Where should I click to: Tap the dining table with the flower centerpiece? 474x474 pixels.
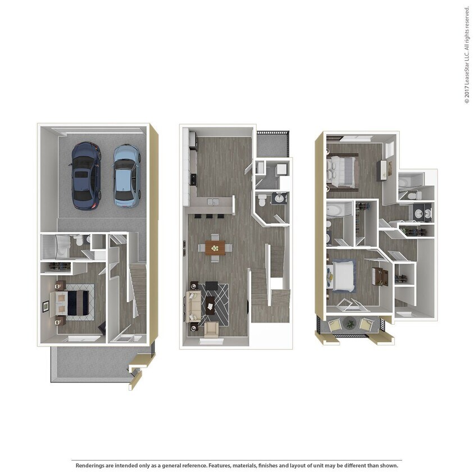click(x=215, y=247)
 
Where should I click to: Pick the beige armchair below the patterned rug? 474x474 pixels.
click(x=212, y=329)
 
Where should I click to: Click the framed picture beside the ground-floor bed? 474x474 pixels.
click(x=45, y=306)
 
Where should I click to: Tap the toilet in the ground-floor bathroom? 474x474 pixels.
click(x=79, y=241)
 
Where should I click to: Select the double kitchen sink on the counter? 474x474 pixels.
click(x=213, y=201)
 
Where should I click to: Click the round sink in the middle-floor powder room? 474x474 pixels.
click(x=279, y=197)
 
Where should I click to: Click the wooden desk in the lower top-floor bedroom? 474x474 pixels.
click(x=379, y=275)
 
